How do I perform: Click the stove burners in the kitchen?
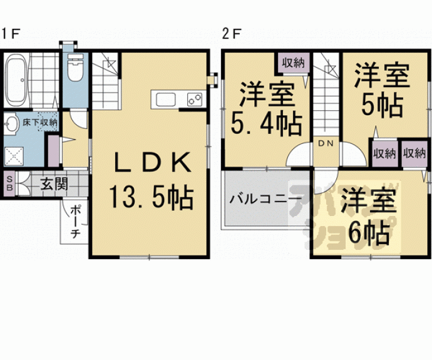point(193,99)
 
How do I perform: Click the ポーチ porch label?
point(74,222)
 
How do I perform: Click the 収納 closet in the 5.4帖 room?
point(292,63)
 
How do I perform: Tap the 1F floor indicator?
point(11,33)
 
